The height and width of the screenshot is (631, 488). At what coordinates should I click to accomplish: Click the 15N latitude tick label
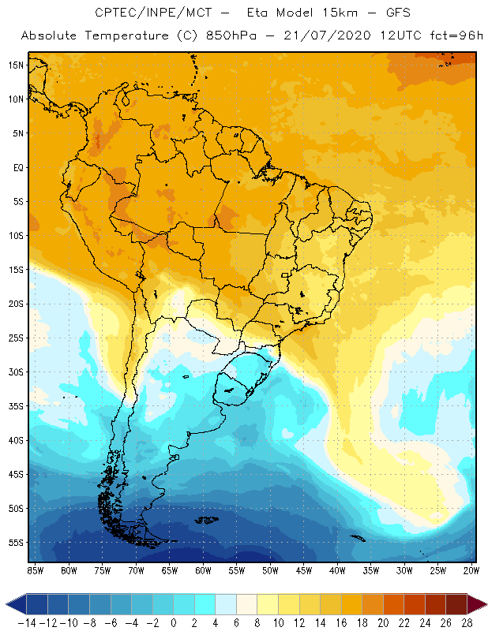[16, 65]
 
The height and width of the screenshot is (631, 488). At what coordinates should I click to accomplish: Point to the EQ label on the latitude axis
[17, 167]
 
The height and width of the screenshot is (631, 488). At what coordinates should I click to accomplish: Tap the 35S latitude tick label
[16, 405]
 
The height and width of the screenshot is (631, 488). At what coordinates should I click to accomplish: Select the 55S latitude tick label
[16, 542]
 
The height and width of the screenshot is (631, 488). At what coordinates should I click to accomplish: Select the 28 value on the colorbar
[467, 623]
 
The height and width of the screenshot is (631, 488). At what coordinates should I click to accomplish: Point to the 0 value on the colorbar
[173, 623]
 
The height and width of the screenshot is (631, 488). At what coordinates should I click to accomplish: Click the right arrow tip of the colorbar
[482, 604]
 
